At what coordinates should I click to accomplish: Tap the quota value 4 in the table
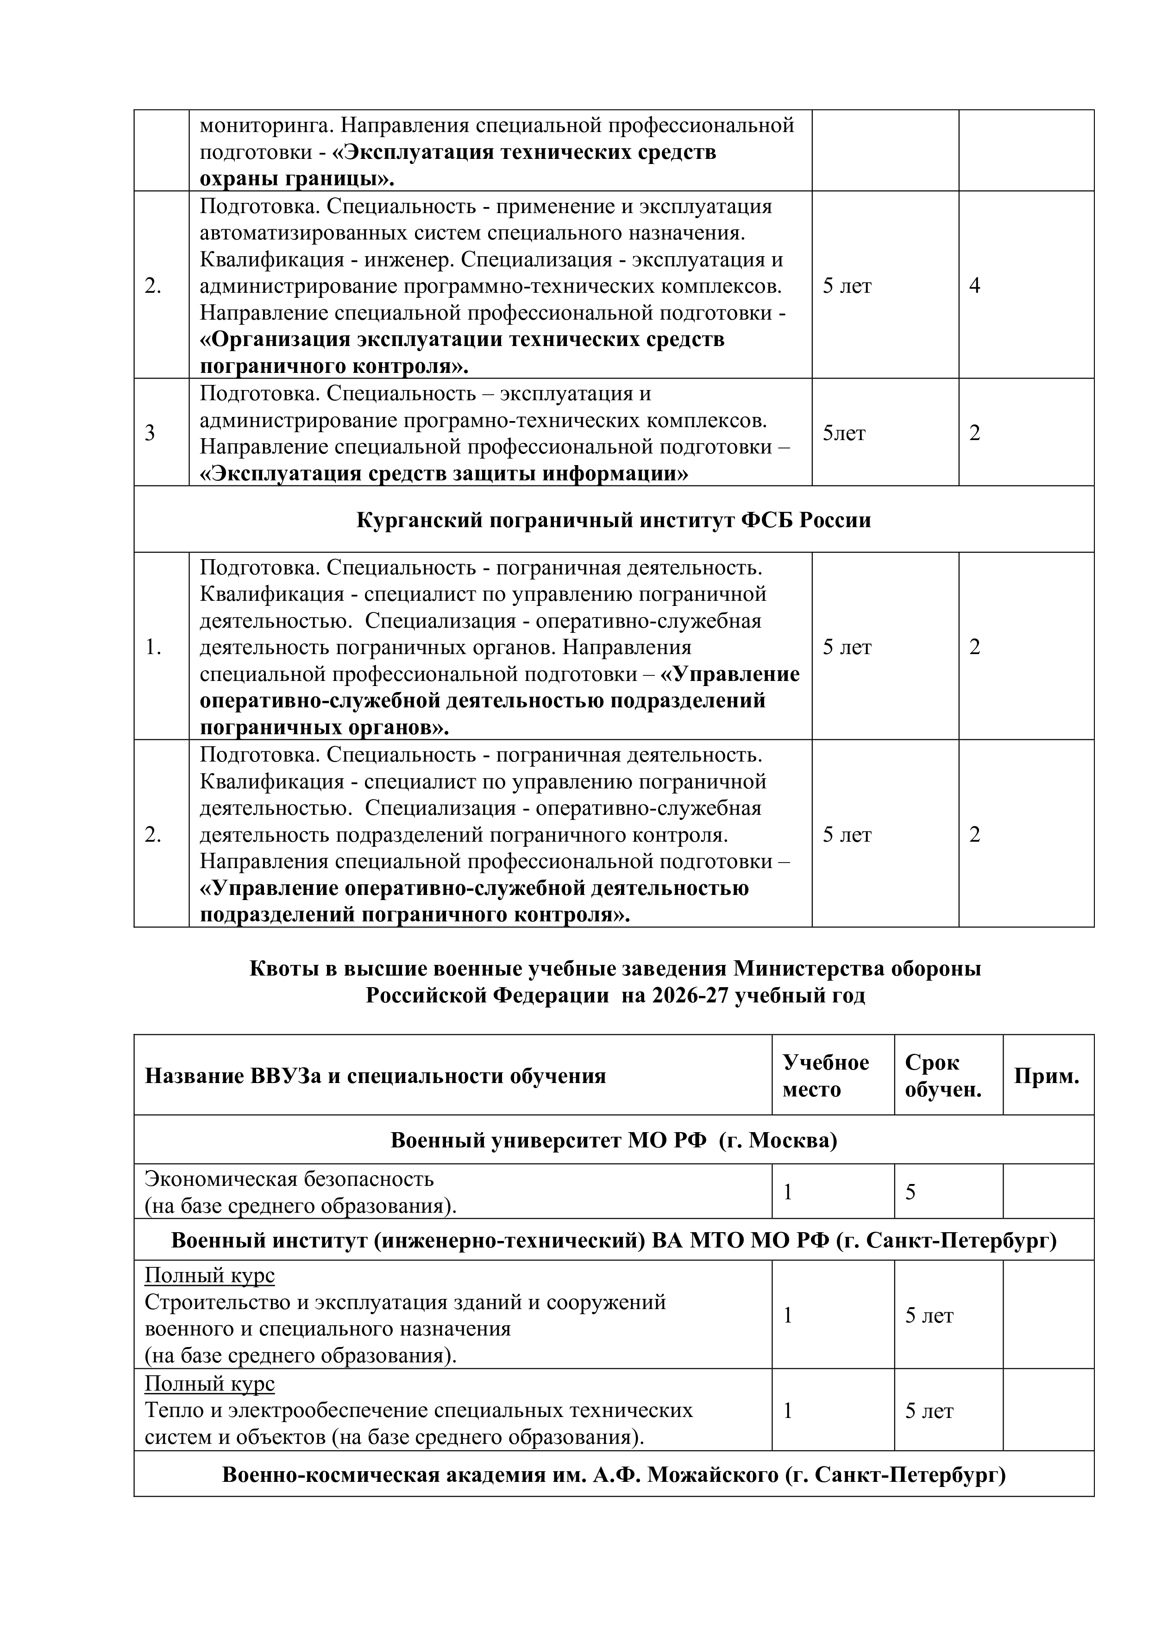(974, 286)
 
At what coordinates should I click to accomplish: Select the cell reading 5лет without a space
(844, 433)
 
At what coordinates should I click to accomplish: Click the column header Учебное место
(826, 1076)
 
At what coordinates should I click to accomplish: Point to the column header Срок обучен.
(943, 1076)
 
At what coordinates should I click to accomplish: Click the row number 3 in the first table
(150, 433)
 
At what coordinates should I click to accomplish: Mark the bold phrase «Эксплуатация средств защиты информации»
(444, 473)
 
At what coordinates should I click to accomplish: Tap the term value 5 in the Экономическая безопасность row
(910, 1192)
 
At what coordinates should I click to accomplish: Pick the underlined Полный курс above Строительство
(209, 1275)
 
